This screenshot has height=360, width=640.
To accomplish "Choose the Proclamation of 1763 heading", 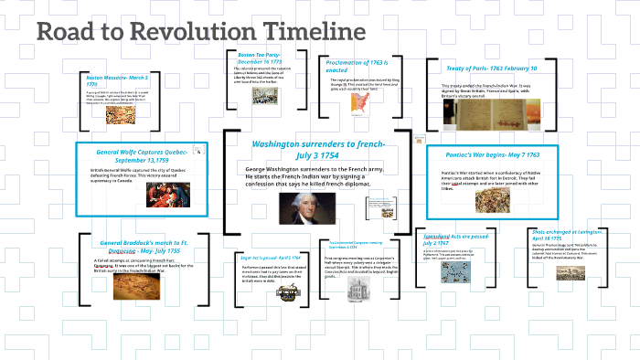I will [360, 66].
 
